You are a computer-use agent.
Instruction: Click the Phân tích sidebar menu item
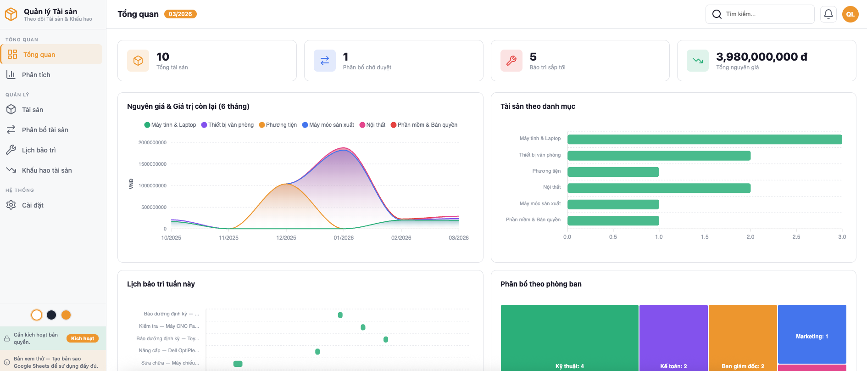click(x=36, y=75)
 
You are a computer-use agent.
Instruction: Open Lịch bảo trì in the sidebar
click(x=39, y=150)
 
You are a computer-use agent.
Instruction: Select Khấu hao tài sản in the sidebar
click(x=46, y=170)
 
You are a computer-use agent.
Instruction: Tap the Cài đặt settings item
click(x=33, y=205)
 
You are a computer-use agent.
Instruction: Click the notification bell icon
click(x=828, y=14)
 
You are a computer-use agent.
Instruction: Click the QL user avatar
click(x=850, y=14)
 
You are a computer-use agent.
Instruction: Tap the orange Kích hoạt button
click(x=83, y=338)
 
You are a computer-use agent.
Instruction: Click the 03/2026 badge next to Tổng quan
click(x=180, y=14)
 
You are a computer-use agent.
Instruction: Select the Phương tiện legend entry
click(x=278, y=125)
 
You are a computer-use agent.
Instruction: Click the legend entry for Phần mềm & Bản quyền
click(x=424, y=125)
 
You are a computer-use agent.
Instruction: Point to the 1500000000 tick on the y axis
click(x=153, y=164)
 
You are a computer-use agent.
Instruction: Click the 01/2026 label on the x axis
click(x=344, y=238)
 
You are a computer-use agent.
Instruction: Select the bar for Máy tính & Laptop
click(x=704, y=139)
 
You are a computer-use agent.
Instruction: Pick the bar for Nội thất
click(x=658, y=188)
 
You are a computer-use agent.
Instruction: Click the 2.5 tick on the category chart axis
click(x=796, y=237)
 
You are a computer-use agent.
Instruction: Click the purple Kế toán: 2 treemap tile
click(x=673, y=337)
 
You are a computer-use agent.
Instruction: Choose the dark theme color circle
click(x=51, y=315)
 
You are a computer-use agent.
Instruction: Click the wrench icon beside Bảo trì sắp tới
click(x=511, y=61)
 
